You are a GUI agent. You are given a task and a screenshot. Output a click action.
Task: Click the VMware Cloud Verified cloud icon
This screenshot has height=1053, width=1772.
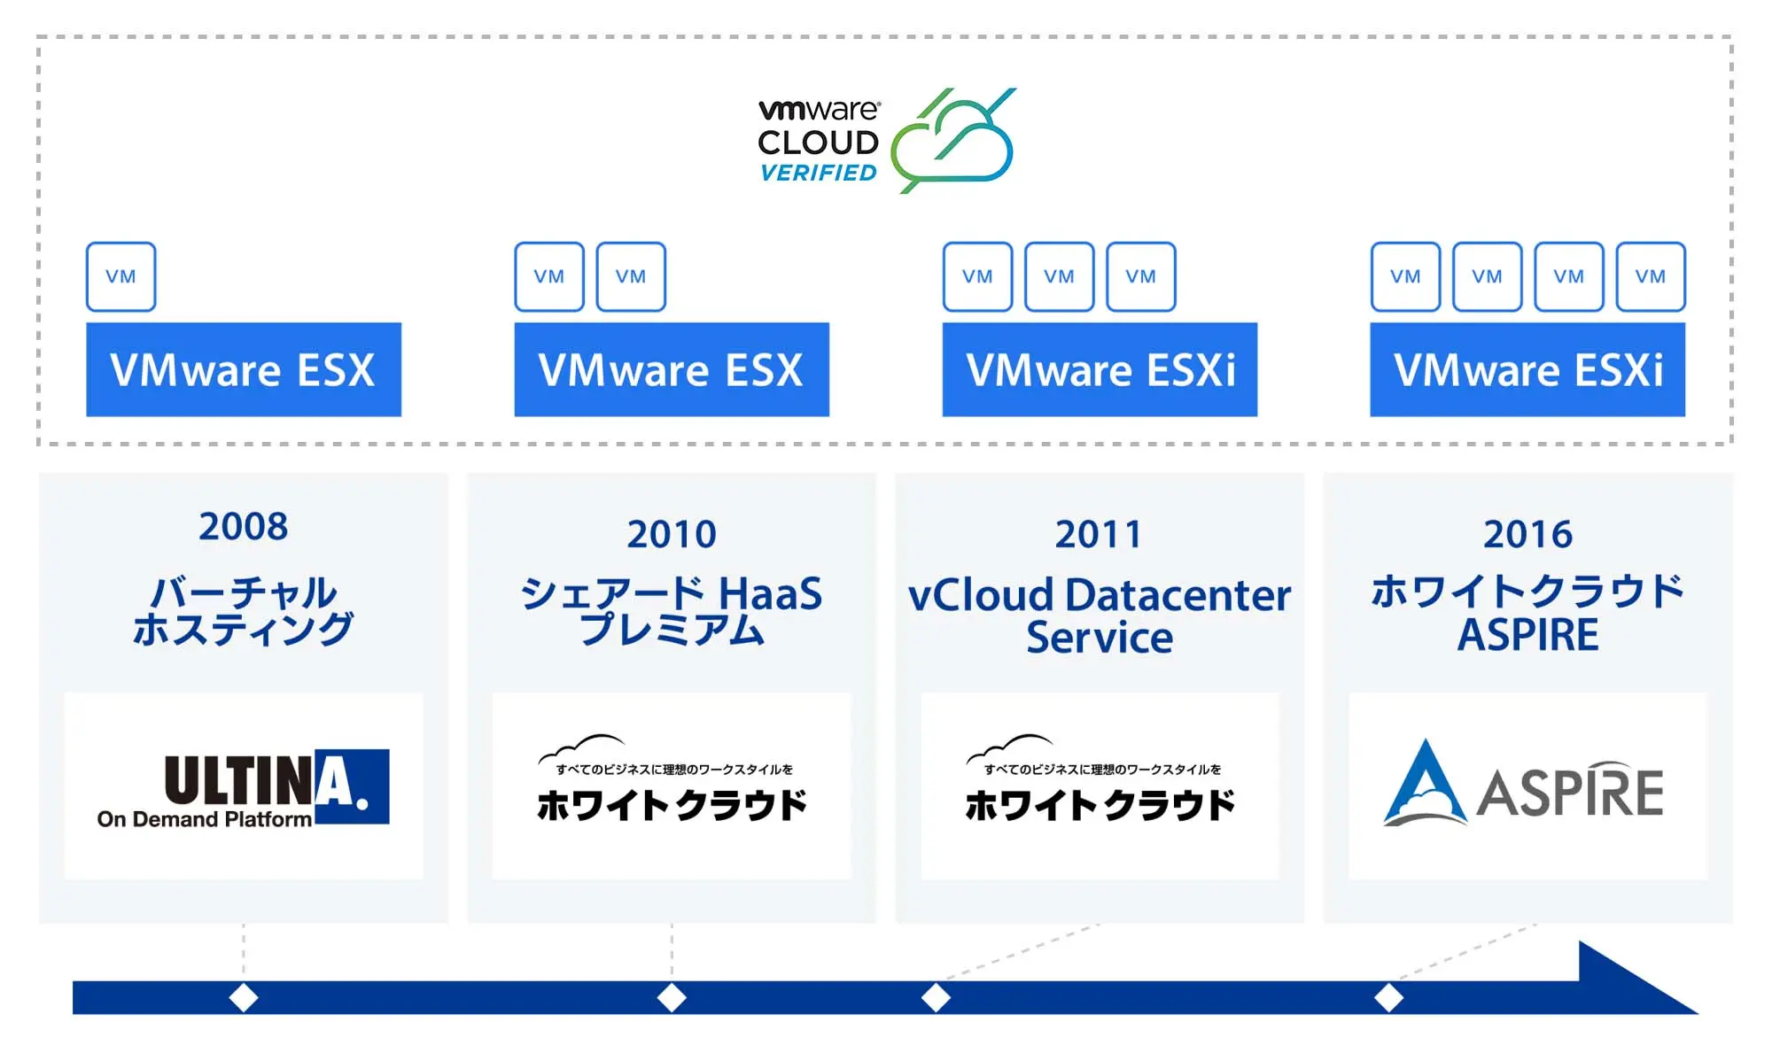pos(952,142)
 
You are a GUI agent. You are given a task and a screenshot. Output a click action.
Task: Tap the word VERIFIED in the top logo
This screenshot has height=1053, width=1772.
pos(819,173)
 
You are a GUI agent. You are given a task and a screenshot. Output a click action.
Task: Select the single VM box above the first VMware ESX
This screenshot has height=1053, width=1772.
pos(121,276)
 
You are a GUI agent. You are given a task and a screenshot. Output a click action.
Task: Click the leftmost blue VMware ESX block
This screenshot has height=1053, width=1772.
pos(244,369)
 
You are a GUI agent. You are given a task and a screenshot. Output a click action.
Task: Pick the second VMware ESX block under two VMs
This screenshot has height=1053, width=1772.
pos(672,369)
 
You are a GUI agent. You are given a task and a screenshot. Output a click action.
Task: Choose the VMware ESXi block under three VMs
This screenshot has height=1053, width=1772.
pos(1100,369)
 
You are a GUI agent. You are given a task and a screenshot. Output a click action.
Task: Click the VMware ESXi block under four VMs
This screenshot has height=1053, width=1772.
pos(1527,369)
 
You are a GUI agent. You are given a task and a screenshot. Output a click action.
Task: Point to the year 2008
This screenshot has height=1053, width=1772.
pos(244,526)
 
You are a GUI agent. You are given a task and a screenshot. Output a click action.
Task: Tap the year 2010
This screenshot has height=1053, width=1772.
pos(672,534)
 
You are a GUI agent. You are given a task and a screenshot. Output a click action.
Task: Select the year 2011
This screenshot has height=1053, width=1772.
pos(1099,534)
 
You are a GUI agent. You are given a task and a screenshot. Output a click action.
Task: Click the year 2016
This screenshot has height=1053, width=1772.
pos(1528,534)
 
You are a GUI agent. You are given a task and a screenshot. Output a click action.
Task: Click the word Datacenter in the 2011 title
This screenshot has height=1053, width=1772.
pos(1178,595)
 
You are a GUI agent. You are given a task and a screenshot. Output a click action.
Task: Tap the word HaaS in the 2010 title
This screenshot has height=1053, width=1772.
pos(770,593)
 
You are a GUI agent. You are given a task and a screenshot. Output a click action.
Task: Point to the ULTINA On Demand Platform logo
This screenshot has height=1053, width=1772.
pos(244,788)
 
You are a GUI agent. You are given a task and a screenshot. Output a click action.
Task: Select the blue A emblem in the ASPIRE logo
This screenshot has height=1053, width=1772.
pos(1425,783)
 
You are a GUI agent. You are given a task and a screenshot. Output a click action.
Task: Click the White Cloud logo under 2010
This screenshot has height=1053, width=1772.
pos(672,779)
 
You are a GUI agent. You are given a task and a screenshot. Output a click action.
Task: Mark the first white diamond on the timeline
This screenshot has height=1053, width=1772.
pos(244,997)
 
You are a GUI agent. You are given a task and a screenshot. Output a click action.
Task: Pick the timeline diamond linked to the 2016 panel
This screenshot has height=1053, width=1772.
pos(1388,997)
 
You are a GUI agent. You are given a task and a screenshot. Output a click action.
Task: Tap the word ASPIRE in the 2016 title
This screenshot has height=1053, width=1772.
pos(1528,635)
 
